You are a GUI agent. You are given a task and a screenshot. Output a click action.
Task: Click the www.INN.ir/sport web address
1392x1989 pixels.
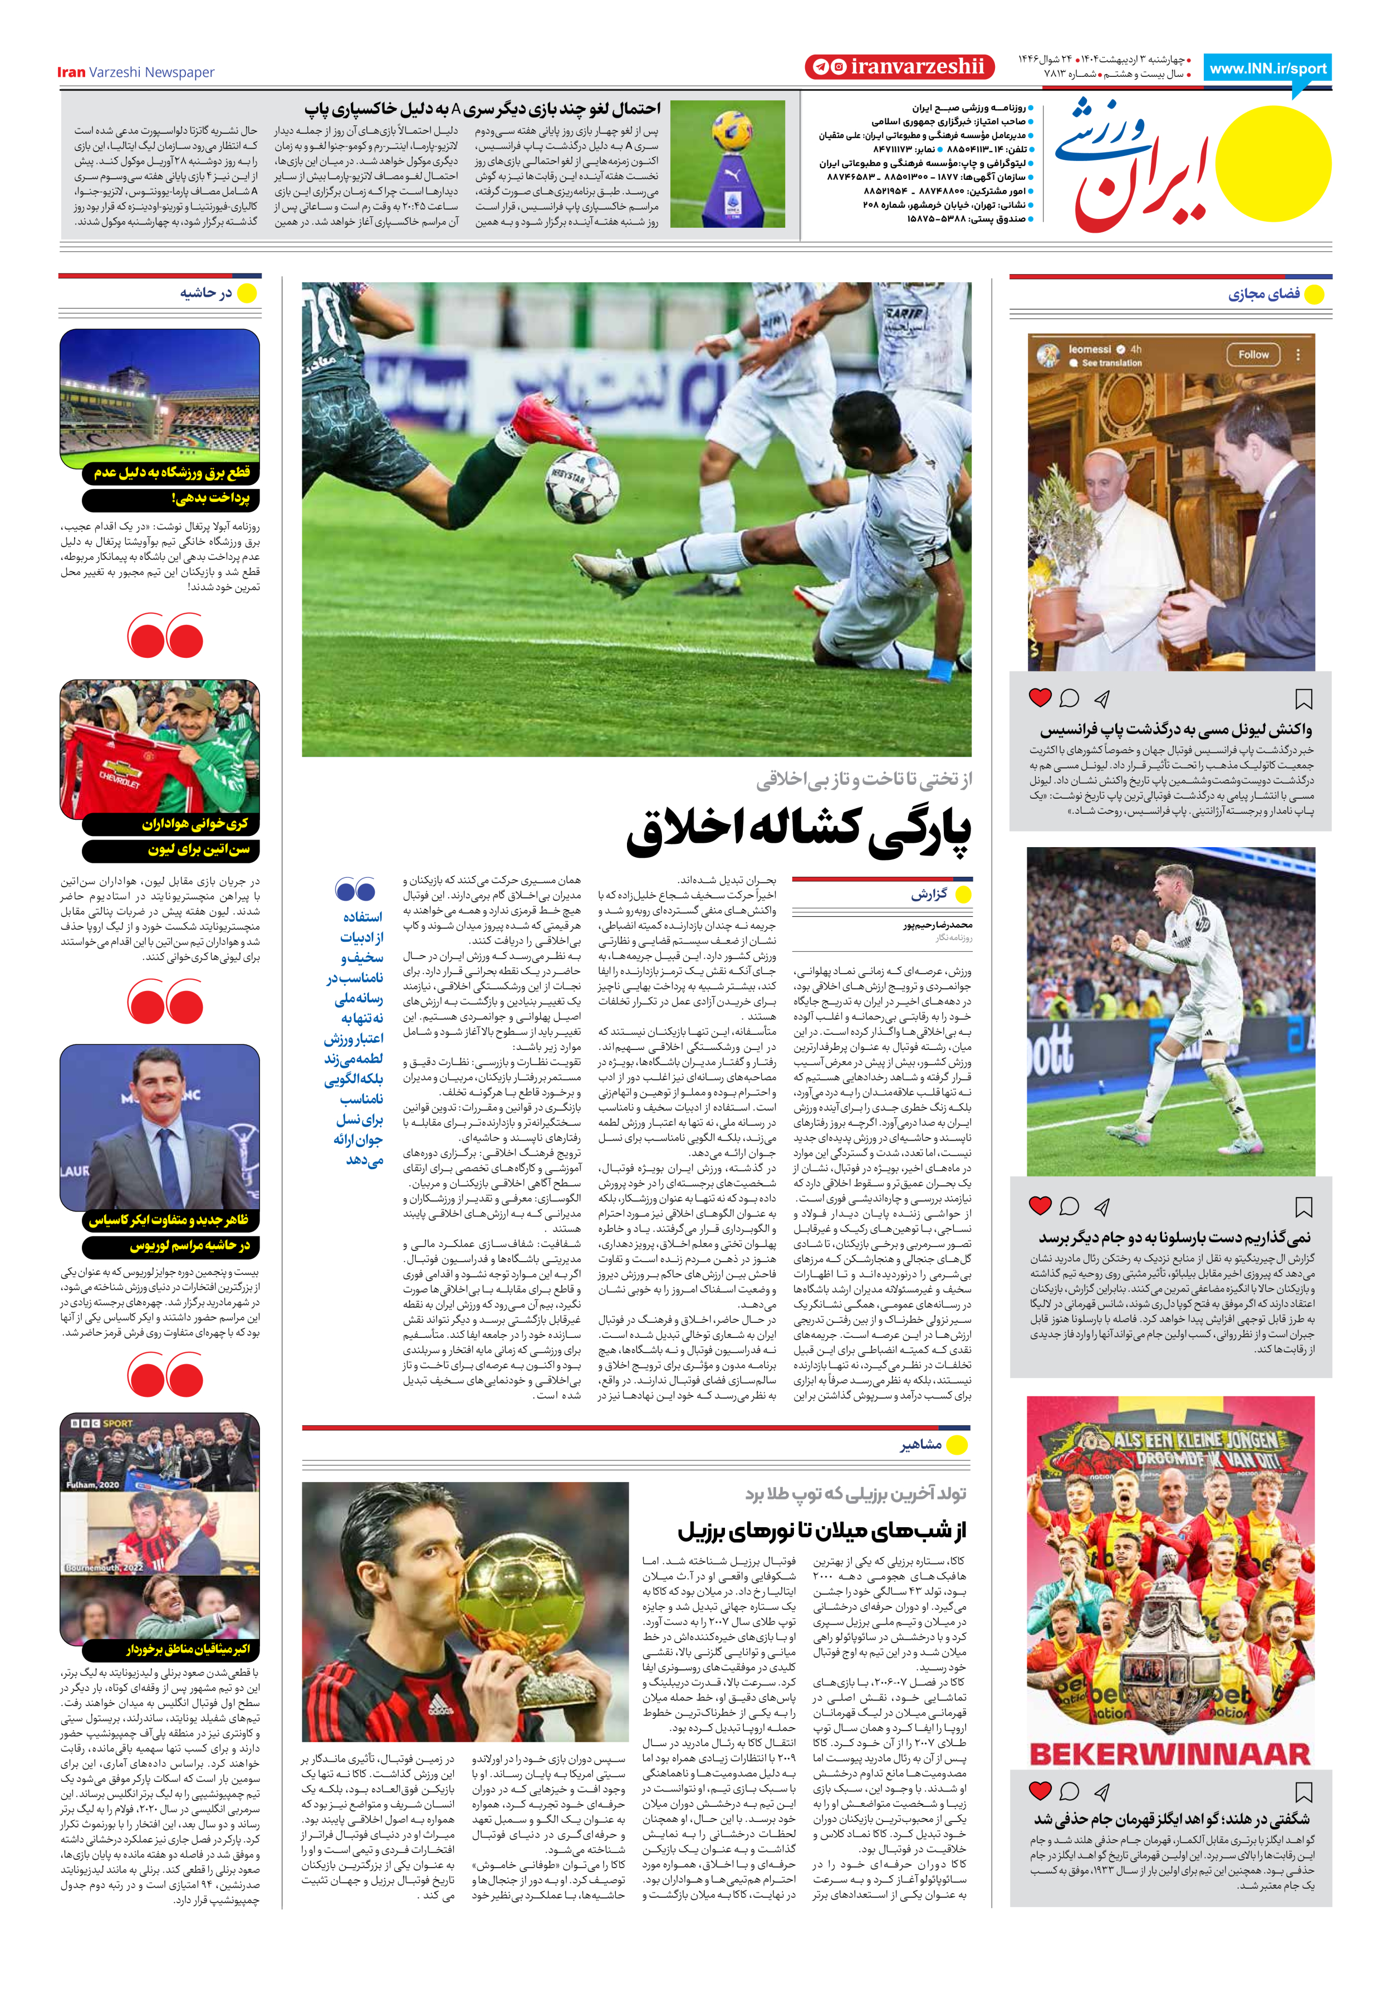tap(1267, 69)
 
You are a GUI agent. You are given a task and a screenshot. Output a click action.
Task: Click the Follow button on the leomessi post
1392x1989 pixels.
tap(1253, 354)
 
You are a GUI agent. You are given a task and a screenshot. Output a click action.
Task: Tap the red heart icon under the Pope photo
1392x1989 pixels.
tap(1040, 697)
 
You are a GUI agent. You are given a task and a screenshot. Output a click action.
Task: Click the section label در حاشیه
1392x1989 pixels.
tap(205, 294)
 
